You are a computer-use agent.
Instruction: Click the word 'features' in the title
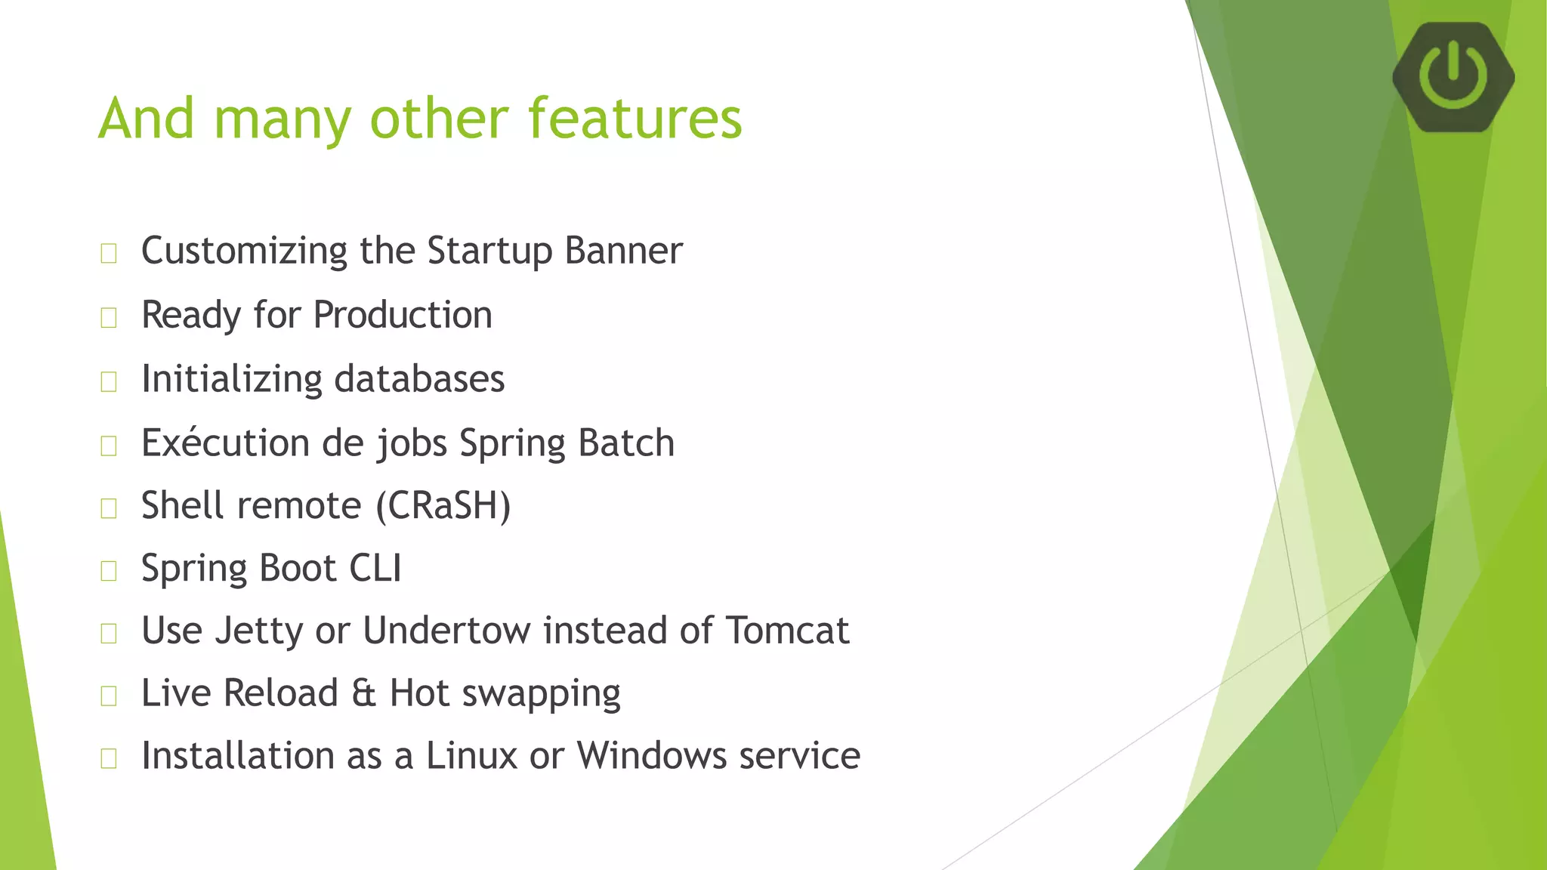(x=635, y=119)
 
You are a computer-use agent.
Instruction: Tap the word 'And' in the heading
(x=147, y=119)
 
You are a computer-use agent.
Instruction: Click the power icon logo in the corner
(x=1453, y=76)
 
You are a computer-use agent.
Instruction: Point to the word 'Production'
(x=403, y=315)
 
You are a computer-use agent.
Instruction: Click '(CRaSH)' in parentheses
(x=443, y=505)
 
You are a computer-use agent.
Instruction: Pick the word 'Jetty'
(x=258, y=631)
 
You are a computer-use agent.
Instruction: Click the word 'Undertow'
(x=446, y=631)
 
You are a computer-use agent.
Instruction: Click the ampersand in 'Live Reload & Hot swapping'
(x=363, y=693)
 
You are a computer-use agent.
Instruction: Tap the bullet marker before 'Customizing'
(x=109, y=254)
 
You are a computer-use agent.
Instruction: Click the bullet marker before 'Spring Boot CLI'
(x=109, y=571)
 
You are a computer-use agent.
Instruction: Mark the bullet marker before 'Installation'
(x=109, y=758)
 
